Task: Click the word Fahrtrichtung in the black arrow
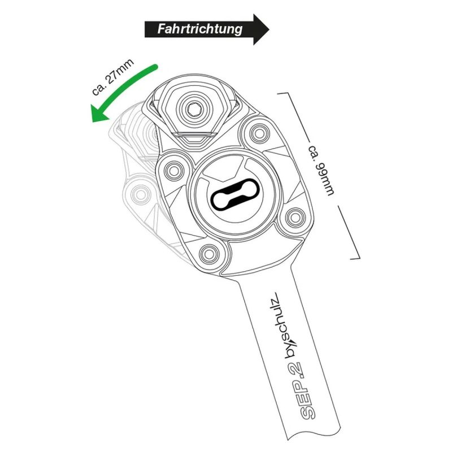coord(200,29)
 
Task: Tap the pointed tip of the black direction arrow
coord(269,29)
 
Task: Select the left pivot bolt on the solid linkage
coord(174,171)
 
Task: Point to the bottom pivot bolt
coord(209,254)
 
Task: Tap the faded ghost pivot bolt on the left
coord(140,194)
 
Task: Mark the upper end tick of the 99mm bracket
coord(283,93)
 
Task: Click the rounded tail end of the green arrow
coord(155,67)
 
